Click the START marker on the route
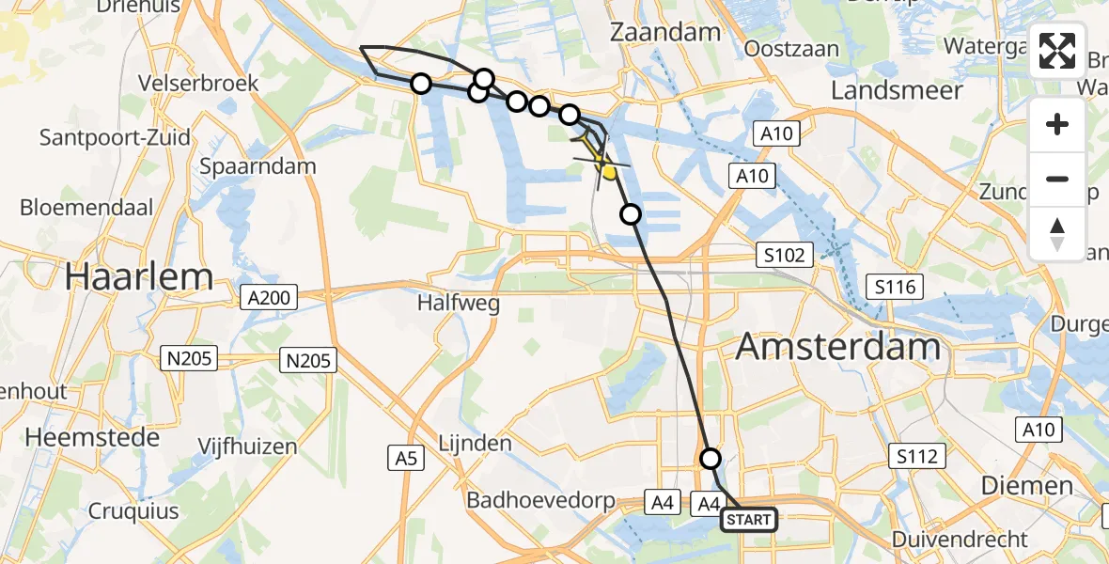(x=749, y=520)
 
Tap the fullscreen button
(x=1057, y=51)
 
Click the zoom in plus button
(x=1057, y=125)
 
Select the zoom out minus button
(x=1057, y=179)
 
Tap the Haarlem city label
(x=139, y=276)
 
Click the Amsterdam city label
(x=837, y=347)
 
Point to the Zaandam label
(x=665, y=31)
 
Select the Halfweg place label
(x=460, y=303)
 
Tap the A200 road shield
(x=269, y=299)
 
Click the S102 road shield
(x=784, y=255)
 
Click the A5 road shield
(x=404, y=458)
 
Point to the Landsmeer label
(x=897, y=90)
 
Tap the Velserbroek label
(x=197, y=83)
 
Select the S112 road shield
(x=916, y=457)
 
